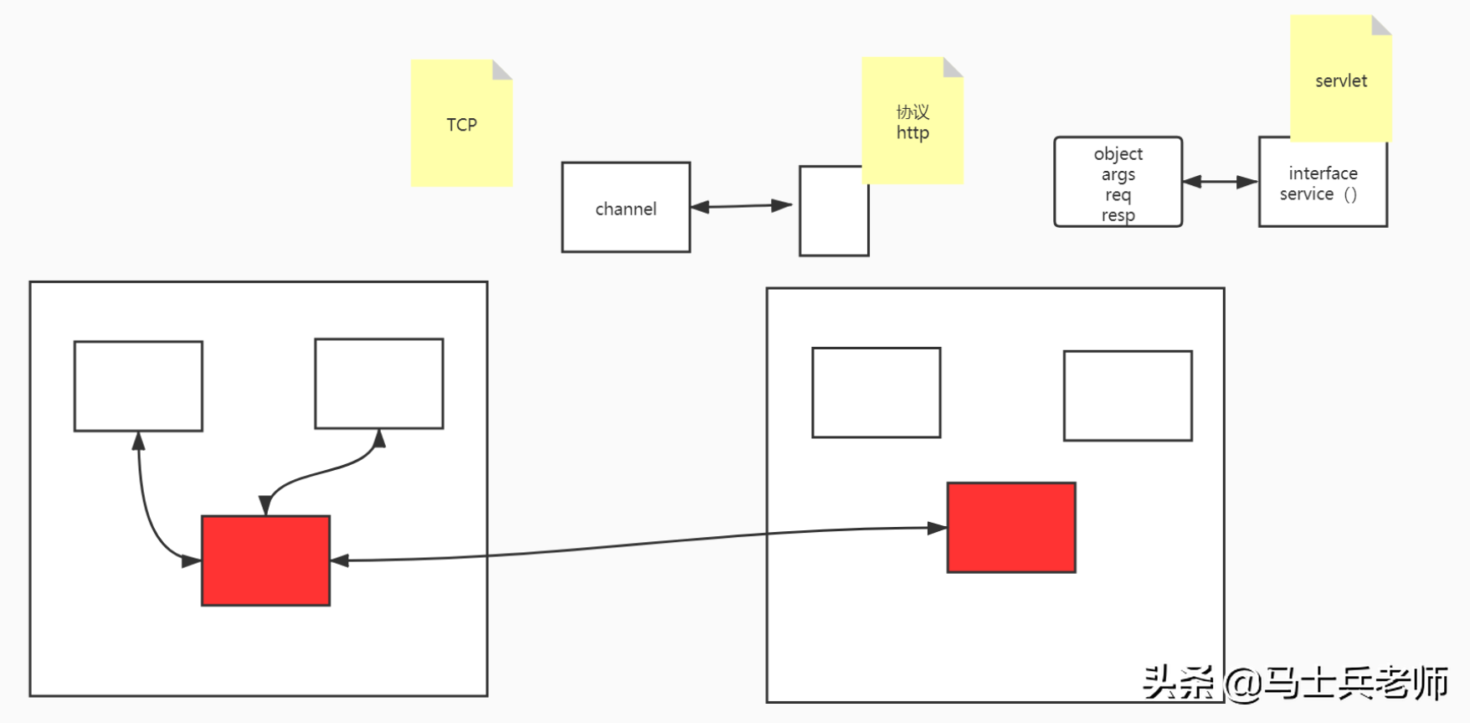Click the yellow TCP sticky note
tap(461, 123)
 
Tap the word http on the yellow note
tap(912, 133)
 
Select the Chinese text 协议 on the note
tap(912, 112)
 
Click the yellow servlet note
tap(1341, 79)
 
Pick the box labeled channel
tap(626, 207)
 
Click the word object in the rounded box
tap(1118, 154)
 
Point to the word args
tap(1118, 175)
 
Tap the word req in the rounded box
tap(1118, 195)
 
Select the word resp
tap(1118, 215)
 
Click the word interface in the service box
tap(1324, 173)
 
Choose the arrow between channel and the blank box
tap(742, 206)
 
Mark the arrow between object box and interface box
tap(1221, 182)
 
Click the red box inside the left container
tap(266, 560)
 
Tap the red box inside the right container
tap(1011, 528)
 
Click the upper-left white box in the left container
tap(138, 386)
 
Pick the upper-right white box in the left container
tap(379, 384)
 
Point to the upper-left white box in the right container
tap(876, 393)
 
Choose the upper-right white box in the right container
tap(1128, 395)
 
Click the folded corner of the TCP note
tap(501, 70)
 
